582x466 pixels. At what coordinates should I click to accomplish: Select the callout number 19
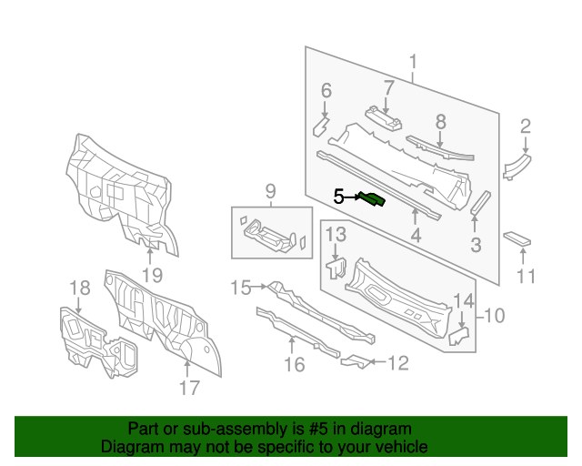[x=152, y=275]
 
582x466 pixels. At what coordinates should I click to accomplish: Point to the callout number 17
[x=188, y=388]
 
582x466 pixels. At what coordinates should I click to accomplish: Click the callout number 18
[x=81, y=289]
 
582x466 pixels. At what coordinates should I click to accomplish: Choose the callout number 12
[x=398, y=363]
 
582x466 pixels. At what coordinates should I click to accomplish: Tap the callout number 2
[x=526, y=126]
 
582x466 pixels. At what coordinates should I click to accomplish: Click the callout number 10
[x=493, y=317]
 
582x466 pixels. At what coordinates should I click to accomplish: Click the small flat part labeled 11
[x=517, y=238]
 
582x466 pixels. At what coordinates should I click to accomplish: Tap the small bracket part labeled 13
[x=336, y=268]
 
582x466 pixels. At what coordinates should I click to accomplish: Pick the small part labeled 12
[x=356, y=362]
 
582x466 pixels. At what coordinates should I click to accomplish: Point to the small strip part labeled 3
[x=479, y=201]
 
